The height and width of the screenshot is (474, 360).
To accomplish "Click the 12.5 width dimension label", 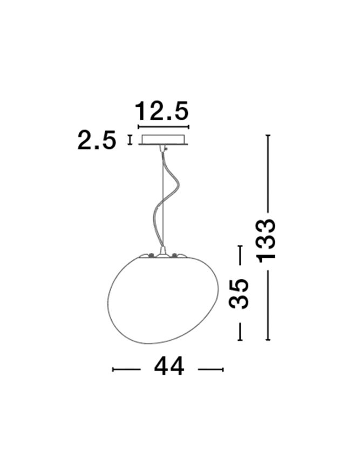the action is (x=161, y=111).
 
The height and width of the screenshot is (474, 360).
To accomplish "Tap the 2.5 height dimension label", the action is (x=97, y=140).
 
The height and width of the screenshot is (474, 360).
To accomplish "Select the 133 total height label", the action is (x=266, y=239).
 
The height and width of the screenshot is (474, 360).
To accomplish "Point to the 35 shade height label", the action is (x=239, y=293).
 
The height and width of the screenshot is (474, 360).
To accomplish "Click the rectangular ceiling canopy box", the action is (x=164, y=139).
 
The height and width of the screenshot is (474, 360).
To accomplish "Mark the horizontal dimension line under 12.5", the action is (x=164, y=127).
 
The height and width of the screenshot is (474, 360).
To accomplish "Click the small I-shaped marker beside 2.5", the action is (x=130, y=140).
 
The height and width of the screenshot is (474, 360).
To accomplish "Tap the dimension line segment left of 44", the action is (x=126, y=369).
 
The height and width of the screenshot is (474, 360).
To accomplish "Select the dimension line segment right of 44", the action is (x=210, y=369).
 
